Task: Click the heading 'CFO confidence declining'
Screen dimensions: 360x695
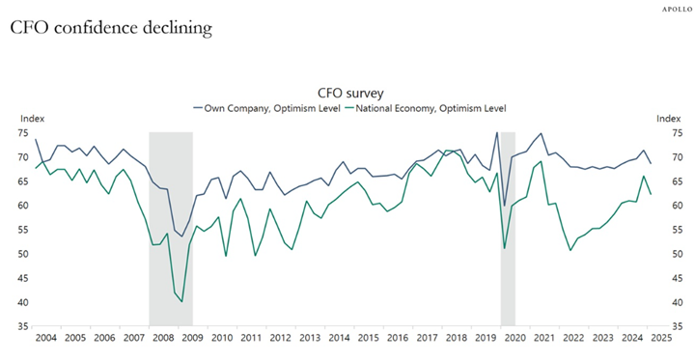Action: (x=111, y=29)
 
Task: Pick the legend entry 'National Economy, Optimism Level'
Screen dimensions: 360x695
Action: (x=424, y=108)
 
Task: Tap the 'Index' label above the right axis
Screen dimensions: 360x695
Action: (x=668, y=119)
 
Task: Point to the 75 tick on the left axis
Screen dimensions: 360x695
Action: (x=25, y=132)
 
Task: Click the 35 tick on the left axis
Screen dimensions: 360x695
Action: (x=25, y=327)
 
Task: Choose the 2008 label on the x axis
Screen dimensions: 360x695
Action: (x=163, y=339)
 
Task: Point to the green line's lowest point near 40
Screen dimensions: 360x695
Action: (x=181, y=302)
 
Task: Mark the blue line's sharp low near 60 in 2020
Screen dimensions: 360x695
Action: (x=504, y=206)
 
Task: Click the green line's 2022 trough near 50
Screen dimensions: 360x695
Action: (x=570, y=251)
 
